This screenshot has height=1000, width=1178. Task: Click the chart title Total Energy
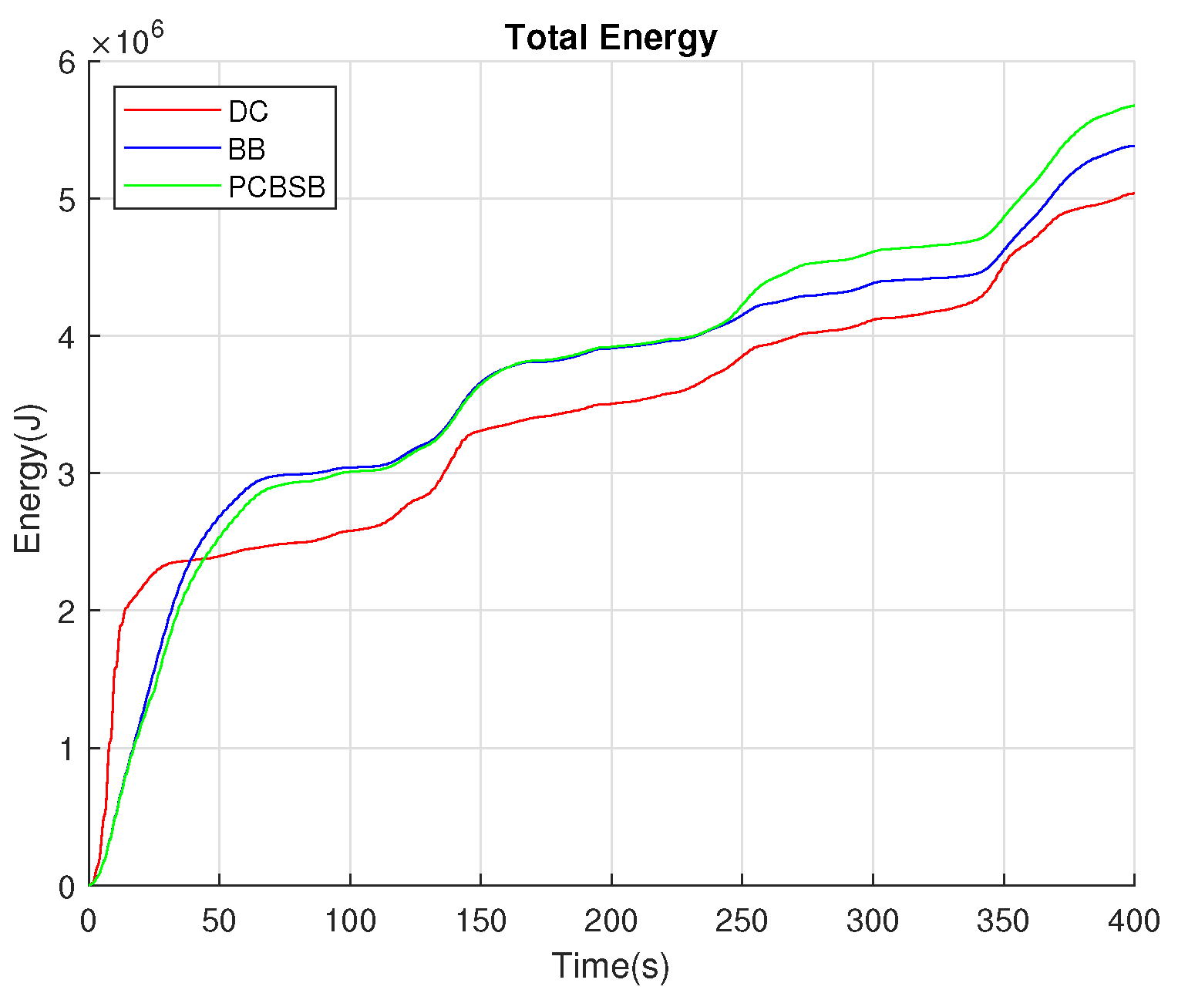[x=611, y=38]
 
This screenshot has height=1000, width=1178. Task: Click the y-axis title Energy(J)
[x=29, y=479]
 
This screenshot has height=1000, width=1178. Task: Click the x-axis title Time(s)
[x=611, y=966]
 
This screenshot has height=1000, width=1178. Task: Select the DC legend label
[x=248, y=112]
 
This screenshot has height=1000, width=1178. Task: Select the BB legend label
[x=247, y=149]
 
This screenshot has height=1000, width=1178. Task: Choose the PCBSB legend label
[x=277, y=187]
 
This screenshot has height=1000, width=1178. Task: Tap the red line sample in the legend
[x=172, y=111]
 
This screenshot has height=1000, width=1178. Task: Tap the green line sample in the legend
[x=172, y=186]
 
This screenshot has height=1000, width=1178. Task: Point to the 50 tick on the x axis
[x=219, y=921]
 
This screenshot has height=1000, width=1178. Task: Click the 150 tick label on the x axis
[x=480, y=921]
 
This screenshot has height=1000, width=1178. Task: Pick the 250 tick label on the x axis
[x=742, y=921]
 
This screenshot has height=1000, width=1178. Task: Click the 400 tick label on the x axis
[x=1133, y=921]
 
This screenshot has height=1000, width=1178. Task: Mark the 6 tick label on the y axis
[x=68, y=62]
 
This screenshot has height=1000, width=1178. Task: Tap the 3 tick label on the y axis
[x=68, y=473]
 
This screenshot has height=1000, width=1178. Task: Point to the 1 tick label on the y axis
[x=68, y=749]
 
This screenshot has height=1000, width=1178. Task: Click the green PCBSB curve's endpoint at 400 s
[x=1133, y=106]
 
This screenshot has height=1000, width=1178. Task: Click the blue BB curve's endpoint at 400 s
[x=1133, y=146]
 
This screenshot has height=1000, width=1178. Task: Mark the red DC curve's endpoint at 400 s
[x=1133, y=194]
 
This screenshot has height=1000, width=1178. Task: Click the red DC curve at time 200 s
[x=611, y=403]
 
